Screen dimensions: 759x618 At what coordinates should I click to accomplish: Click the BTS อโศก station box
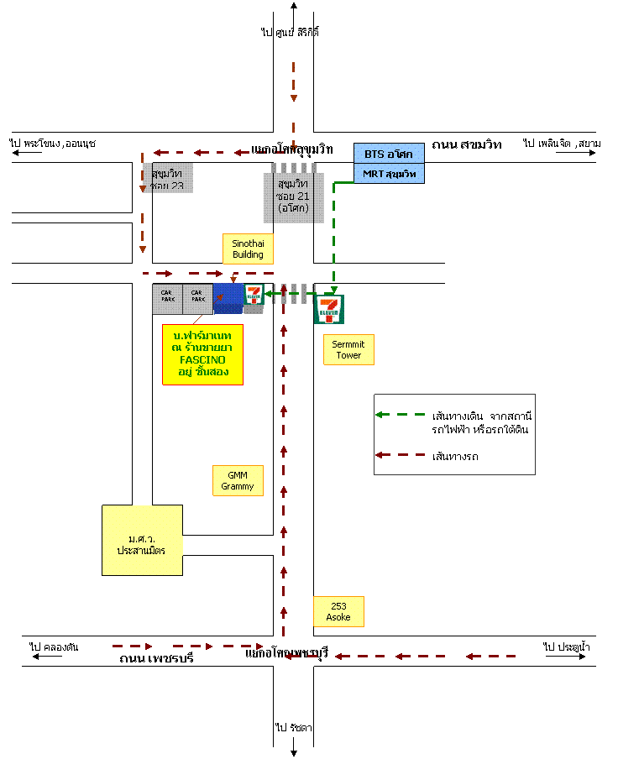pos(389,154)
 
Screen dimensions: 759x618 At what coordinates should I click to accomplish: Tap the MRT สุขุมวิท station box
pos(389,174)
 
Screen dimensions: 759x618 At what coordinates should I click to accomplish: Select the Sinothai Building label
pos(248,249)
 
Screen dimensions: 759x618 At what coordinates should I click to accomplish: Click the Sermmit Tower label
pos(348,349)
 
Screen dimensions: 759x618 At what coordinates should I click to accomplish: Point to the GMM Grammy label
pos(238,480)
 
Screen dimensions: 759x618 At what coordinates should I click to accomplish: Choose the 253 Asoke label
pos(338,611)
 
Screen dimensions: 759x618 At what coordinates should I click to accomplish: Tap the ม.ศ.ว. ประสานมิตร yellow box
pos(142,540)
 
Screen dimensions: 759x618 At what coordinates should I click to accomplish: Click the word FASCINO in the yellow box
pos(202,359)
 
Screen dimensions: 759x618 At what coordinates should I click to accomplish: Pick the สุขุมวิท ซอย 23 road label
pos(167,178)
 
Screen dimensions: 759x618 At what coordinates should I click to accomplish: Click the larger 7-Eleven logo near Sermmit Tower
pos(329,309)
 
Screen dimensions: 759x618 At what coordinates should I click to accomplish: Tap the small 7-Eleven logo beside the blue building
pos(254,295)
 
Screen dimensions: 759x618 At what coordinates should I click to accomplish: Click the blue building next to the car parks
pos(228,298)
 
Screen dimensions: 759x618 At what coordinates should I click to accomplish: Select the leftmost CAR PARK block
pos(167,299)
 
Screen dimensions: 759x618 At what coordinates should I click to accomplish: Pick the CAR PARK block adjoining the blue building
pos(197,299)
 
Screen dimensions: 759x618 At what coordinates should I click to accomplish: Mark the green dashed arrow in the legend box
pos(400,414)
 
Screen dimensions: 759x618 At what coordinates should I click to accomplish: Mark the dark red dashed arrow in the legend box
pos(400,454)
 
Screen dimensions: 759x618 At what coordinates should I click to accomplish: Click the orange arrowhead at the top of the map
pos(294,98)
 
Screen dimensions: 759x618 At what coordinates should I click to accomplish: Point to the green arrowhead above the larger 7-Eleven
pos(333,288)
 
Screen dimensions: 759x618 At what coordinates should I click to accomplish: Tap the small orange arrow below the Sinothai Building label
pos(233,278)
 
